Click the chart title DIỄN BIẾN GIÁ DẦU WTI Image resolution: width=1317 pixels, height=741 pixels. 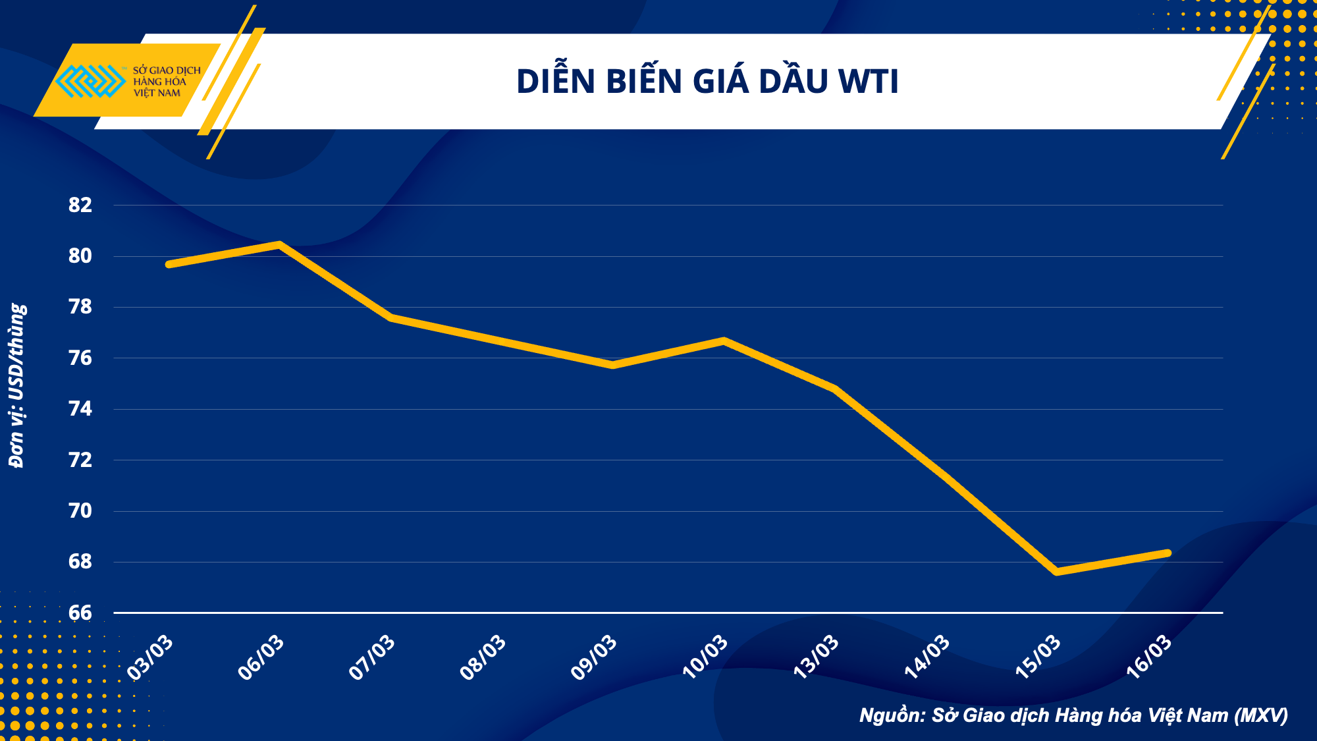[x=707, y=82]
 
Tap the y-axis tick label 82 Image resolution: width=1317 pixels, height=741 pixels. [x=80, y=205]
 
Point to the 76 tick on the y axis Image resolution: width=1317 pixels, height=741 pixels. [x=80, y=358]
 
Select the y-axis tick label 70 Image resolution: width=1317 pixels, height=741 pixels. [x=80, y=510]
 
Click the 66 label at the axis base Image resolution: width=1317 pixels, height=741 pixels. [x=80, y=613]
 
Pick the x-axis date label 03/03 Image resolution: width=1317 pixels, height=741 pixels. [x=151, y=657]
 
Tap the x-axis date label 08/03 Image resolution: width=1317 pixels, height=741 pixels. [x=483, y=657]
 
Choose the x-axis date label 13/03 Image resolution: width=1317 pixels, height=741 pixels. [x=817, y=657]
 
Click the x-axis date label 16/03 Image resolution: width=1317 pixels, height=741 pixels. [x=1150, y=657]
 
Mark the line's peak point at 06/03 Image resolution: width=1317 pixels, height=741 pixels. [x=280, y=244]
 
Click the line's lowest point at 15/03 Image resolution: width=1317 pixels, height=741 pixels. [x=1057, y=572]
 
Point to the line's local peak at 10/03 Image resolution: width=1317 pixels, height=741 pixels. [x=724, y=341]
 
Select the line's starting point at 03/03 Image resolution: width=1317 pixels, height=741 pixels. [x=169, y=264]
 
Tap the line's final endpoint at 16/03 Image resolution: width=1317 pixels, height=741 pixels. [x=1168, y=553]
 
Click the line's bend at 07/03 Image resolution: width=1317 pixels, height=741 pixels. [x=391, y=317]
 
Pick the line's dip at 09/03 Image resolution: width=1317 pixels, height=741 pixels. [x=613, y=365]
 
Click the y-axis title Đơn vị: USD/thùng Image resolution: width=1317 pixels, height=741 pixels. [x=17, y=385]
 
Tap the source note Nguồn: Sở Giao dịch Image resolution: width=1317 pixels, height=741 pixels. [x=1073, y=715]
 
